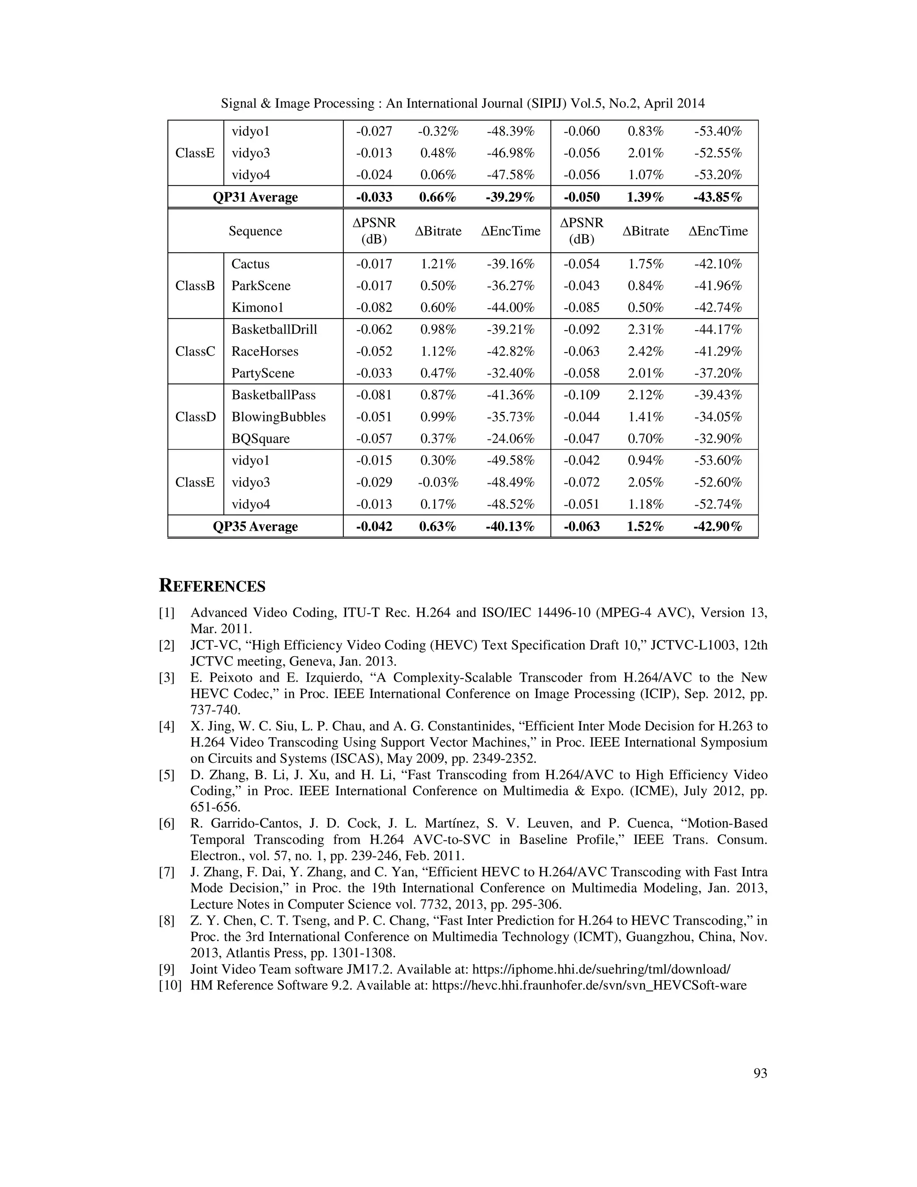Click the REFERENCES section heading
[x=212, y=586]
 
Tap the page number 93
[x=760, y=1073]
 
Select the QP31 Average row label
[x=255, y=197]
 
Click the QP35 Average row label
[x=255, y=526]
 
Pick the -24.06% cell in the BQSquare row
[x=510, y=439]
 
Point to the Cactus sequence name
[x=250, y=264]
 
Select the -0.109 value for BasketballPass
[x=581, y=395]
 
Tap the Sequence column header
[x=255, y=231]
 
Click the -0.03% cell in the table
[x=438, y=482]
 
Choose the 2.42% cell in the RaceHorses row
[x=645, y=351]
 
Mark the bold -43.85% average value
[x=717, y=197]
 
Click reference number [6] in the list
[x=167, y=823]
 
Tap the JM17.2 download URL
[x=601, y=969]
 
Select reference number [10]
[x=170, y=985]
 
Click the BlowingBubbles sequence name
[x=278, y=417]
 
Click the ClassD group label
[x=195, y=417]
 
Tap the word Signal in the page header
[x=239, y=103]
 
